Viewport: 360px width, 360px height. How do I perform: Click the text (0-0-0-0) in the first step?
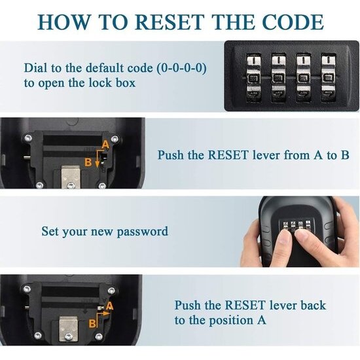point(181,68)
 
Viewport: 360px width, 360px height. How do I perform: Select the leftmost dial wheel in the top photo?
point(253,78)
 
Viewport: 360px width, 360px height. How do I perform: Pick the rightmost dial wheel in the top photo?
point(329,78)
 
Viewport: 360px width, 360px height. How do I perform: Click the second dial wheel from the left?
point(278,78)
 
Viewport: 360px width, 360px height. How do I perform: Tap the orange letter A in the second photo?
point(105,145)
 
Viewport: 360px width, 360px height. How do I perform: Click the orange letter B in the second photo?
point(88,162)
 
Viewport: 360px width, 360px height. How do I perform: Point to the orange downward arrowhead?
point(98,164)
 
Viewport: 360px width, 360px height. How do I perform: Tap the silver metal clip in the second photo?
point(71,176)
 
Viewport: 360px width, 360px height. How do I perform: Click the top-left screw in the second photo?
point(28,138)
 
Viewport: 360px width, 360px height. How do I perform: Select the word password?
point(142,232)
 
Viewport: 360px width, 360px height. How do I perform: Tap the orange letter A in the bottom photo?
point(110,306)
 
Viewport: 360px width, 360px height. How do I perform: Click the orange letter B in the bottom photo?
point(92,323)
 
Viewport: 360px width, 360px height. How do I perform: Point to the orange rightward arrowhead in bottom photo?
point(106,313)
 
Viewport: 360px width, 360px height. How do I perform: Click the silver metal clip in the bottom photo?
point(69,329)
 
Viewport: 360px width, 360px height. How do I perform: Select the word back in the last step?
point(313,306)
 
